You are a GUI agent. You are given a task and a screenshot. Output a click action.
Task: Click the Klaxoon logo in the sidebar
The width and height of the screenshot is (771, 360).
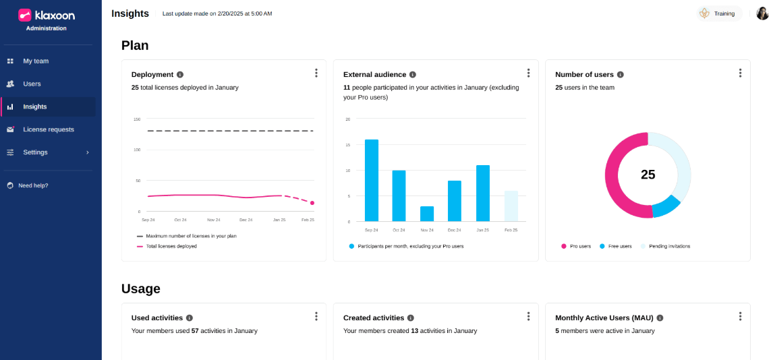[x=47, y=15]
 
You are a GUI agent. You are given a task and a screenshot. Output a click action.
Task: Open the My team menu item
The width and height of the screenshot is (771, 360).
[x=36, y=61]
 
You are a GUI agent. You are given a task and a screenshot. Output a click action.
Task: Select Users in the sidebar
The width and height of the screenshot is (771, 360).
[x=32, y=84]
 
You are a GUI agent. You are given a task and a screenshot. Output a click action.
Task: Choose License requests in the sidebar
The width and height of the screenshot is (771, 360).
[x=49, y=129]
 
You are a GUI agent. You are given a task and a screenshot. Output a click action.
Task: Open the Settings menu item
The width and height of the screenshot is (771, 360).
[x=35, y=152]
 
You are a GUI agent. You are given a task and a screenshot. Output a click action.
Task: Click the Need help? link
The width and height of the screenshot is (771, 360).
[x=33, y=185]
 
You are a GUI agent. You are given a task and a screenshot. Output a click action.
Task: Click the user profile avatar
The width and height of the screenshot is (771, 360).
[x=762, y=13]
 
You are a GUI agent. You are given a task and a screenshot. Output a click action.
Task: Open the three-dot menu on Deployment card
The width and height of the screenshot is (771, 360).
[x=316, y=73]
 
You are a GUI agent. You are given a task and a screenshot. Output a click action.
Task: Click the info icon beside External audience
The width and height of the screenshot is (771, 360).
[x=413, y=75]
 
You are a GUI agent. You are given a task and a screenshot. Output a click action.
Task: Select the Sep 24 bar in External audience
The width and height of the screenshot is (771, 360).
[x=372, y=180]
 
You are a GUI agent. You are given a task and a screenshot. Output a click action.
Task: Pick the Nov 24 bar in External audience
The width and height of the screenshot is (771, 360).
[x=427, y=214]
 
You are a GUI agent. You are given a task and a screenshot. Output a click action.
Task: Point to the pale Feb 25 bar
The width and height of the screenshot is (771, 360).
[x=511, y=206]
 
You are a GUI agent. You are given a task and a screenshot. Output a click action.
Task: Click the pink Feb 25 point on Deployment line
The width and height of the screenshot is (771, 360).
[x=312, y=203]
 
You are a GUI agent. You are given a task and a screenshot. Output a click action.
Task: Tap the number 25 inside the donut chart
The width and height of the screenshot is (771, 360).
[x=648, y=175]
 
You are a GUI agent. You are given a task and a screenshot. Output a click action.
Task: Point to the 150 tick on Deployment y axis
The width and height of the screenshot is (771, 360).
[x=137, y=119]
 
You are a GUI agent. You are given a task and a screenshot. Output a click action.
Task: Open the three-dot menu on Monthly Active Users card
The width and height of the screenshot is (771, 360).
[x=740, y=316]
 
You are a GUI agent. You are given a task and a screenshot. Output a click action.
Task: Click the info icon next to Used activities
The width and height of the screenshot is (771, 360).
[x=190, y=318]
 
